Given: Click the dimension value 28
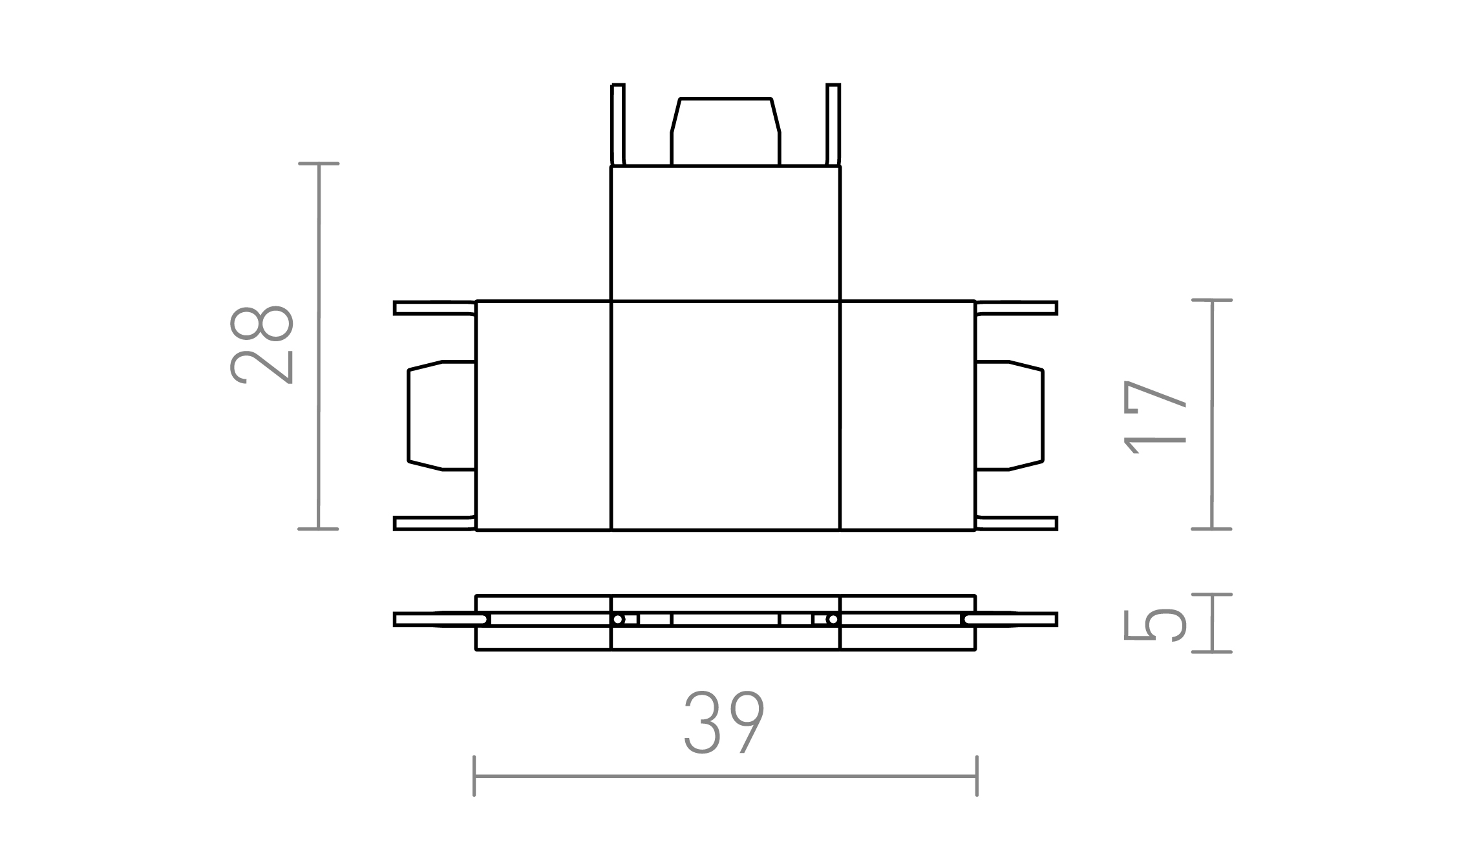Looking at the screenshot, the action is click(x=262, y=344).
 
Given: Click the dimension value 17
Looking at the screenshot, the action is click(x=1156, y=417).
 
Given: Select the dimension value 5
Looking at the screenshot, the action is click(x=1156, y=624).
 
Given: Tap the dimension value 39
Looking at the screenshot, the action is click(x=725, y=723).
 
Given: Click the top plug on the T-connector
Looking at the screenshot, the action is click(x=725, y=132).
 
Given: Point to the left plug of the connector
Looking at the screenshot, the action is click(x=441, y=416).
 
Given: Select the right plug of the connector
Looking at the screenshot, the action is click(x=1009, y=416).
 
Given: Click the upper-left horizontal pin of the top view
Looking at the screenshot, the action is click(x=434, y=308).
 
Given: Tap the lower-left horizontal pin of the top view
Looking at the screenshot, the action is click(x=434, y=523).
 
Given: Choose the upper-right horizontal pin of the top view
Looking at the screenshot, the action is click(x=1016, y=308).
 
